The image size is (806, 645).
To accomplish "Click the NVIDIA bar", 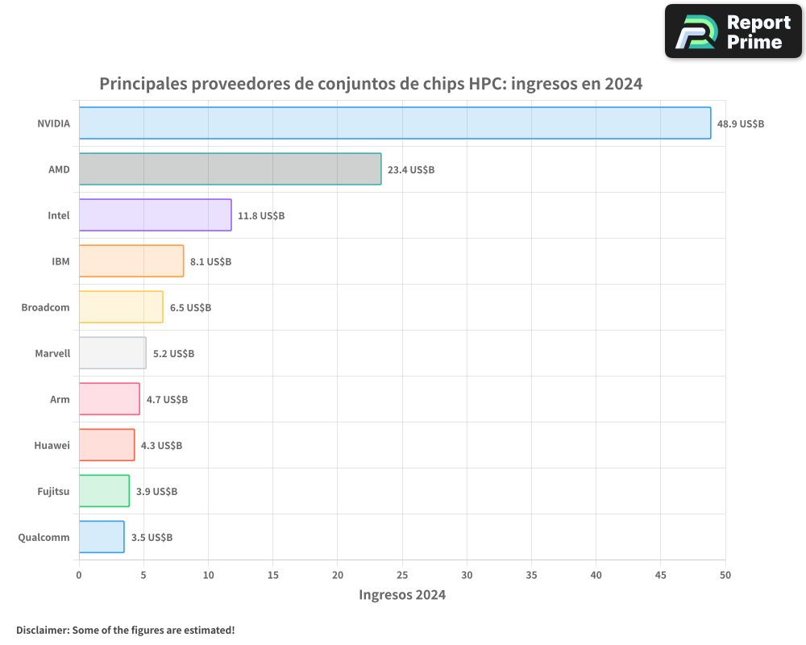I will pyautogui.click(x=395, y=123).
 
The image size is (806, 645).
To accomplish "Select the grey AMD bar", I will pyautogui.click(x=230, y=169).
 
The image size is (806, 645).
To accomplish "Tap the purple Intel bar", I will pyautogui.click(x=155, y=215).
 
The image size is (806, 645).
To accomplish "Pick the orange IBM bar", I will pyautogui.click(x=131, y=261).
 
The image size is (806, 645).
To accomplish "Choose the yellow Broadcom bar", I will pyautogui.click(x=121, y=307).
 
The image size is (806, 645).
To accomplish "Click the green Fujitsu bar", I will pyautogui.click(x=104, y=491).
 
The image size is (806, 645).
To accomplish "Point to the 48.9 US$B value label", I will pyautogui.click(x=741, y=124).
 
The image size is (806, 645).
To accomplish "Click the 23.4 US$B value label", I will pyautogui.click(x=411, y=170).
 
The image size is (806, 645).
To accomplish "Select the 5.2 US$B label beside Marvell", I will pyautogui.click(x=173, y=354).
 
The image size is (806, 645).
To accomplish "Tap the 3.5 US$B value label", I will pyautogui.click(x=152, y=538).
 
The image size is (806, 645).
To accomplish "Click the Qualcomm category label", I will pyautogui.click(x=44, y=537).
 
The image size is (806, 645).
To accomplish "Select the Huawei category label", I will pyautogui.click(x=52, y=445).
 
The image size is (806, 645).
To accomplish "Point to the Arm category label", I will pyautogui.click(x=60, y=399).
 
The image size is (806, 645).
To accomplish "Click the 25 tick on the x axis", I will pyautogui.click(x=402, y=575).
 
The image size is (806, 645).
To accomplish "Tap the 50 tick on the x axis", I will pyautogui.click(x=725, y=575).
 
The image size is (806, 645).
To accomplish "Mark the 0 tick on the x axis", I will pyautogui.click(x=79, y=575).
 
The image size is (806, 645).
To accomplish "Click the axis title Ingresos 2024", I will pyautogui.click(x=402, y=595).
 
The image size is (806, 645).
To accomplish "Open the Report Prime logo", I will pyautogui.click(x=733, y=31).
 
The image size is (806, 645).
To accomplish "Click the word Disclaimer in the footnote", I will pyautogui.click(x=42, y=630).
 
